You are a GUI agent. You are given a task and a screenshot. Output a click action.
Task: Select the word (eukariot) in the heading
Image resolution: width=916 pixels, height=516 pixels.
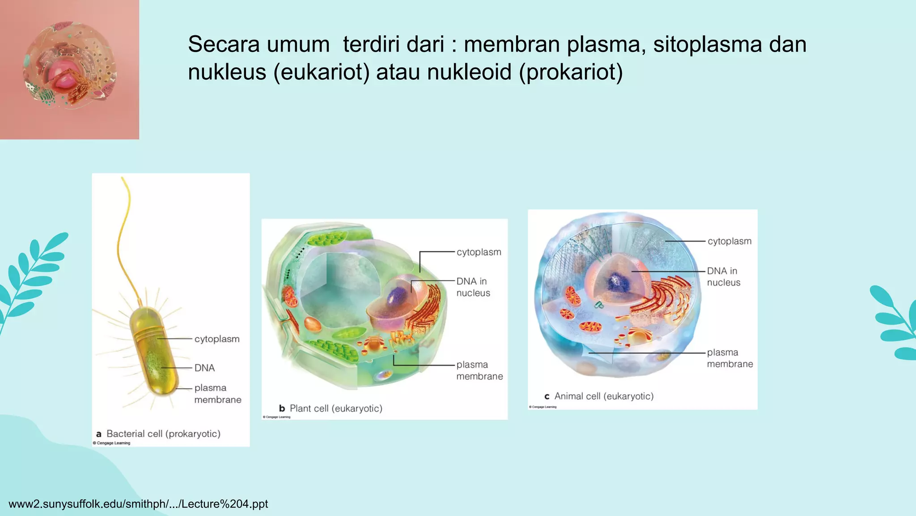(321, 72)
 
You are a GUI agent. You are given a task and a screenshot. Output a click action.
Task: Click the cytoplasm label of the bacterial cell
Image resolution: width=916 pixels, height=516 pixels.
(217, 339)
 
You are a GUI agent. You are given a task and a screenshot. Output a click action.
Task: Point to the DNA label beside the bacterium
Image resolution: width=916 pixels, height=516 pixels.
(204, 368)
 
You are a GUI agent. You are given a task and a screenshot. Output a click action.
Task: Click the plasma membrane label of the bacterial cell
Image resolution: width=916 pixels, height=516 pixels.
(217, 394)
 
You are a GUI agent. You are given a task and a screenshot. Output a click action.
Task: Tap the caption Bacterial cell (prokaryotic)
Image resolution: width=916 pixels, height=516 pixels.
(163, 434)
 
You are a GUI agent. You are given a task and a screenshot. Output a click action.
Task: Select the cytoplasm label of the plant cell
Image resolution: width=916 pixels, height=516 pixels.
(479, 252)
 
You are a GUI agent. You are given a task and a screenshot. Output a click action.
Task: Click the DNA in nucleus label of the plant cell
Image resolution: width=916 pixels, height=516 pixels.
(473, 287)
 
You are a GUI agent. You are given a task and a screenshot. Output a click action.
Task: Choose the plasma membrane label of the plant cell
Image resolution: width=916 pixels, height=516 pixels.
(479, 370)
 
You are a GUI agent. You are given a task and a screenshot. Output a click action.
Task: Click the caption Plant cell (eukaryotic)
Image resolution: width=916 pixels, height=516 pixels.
(336, 408)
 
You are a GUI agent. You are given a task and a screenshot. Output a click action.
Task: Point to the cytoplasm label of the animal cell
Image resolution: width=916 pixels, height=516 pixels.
(729, 241)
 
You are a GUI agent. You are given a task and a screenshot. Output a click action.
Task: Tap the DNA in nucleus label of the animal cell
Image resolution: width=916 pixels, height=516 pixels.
(723, 277)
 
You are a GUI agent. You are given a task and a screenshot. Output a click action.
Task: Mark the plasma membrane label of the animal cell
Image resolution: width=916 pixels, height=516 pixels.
(729, 358)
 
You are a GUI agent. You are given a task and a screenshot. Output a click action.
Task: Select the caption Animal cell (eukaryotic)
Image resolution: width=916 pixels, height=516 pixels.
(604, 396)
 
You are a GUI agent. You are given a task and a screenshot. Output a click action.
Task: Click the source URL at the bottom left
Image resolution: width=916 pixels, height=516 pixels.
(138, 504)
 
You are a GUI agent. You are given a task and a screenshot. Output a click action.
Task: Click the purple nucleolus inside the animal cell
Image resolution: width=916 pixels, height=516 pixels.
(618, 282)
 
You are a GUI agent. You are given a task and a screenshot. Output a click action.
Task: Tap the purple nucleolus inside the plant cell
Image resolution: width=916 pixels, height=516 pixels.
(396, 296)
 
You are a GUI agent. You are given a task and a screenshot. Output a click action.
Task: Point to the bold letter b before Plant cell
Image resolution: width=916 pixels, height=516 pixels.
(282, 408)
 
